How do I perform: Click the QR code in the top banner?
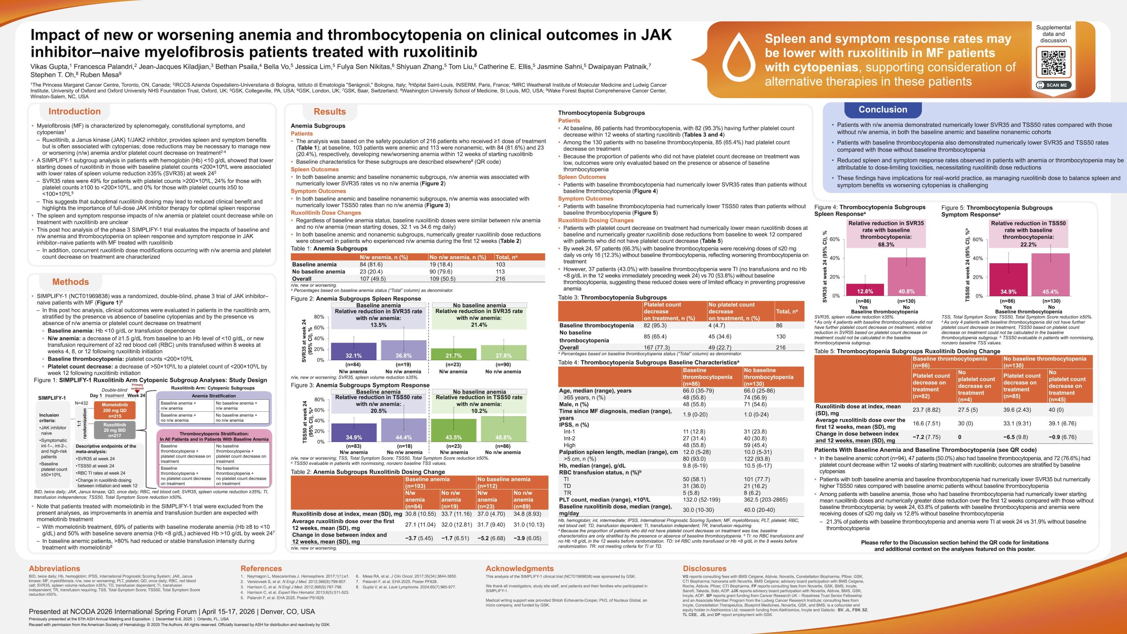coord(1053,63)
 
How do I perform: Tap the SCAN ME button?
coord(1053,85)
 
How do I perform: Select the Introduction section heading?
coord(74,111)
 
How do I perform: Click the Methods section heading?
coord(70,282)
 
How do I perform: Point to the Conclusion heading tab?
coord(883,110)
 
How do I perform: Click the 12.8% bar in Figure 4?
coord(865,290)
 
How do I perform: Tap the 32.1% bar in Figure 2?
coord(354,351)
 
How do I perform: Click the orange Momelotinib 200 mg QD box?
coord(115,410)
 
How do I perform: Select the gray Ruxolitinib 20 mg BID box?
coord(114,430)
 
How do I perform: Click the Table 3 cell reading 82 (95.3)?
coord(655,325)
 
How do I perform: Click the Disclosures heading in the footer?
coord(704,568)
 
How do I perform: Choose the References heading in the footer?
coord(261,568)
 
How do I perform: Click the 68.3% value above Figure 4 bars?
coord(886,244)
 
